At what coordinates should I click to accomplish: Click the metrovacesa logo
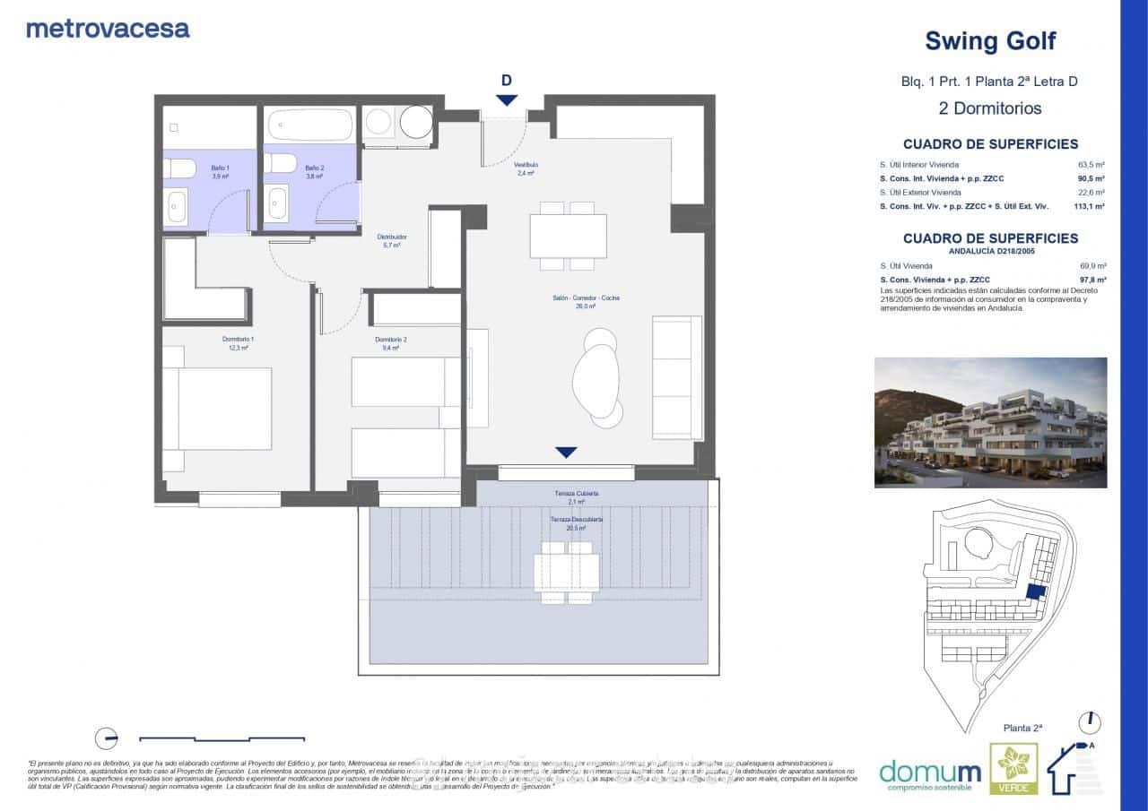(x=108, y=28)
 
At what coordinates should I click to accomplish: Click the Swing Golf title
(x=989, y=41)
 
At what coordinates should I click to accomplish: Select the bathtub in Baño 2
(x=311, y=125)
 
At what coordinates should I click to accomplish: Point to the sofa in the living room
(x=677, y=377)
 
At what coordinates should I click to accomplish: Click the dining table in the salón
(x=568, y=236)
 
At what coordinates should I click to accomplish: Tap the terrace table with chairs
(x=567, y=573)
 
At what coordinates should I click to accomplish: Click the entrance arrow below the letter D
(x=507, y=100)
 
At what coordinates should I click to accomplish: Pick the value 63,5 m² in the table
(x=1091, y=165)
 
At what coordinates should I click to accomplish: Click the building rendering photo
(x=990, y=422)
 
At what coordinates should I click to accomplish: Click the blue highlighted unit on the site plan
(x=1035, y=592)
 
